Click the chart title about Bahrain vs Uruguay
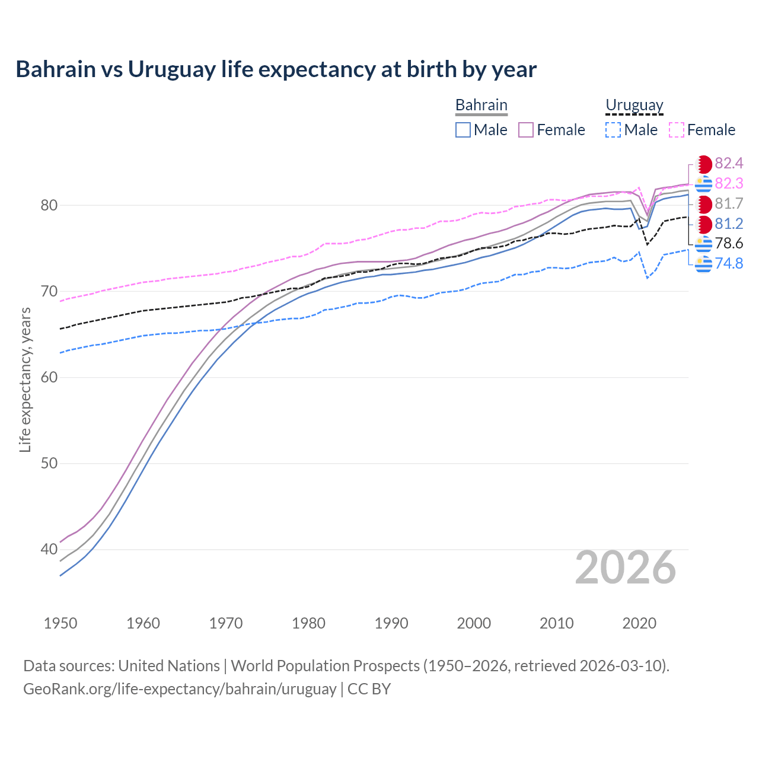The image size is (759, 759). coord(276,69)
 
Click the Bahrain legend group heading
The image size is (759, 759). coord(481,105)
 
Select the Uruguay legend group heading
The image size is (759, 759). coord(634,105)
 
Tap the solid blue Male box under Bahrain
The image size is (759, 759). coord(463,130)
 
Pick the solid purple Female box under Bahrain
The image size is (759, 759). coord(526,130)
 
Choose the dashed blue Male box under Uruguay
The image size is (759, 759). coord(613,130)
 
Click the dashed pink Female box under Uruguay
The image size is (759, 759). coord(677,130)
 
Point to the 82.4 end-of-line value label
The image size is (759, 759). coord(729,164)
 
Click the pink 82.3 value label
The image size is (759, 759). coord(729,184)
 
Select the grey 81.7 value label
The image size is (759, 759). coord(729,204)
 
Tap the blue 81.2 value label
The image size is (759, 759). coord(729,224)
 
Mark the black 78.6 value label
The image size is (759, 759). coord(729,244)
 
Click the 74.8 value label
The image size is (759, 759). coord(729,263)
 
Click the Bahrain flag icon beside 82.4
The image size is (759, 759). coord(704,164)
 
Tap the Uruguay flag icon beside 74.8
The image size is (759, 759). coord(704,264)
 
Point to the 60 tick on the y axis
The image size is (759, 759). coord(49,377)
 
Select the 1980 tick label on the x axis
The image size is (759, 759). coord(308,623)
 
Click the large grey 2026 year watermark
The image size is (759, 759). coord(625,567)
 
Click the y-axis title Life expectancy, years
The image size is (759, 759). coord(25,379)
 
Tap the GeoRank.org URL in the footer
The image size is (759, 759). coord(180,689)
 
